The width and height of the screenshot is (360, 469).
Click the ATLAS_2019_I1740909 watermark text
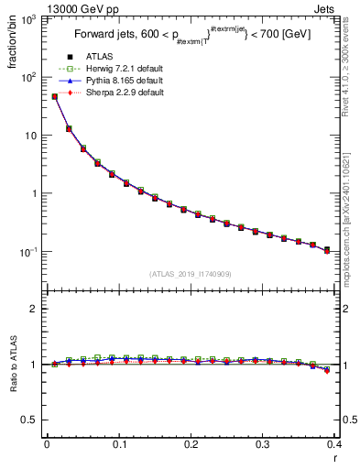click(190, 274)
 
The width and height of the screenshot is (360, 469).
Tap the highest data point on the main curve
click(54, 96)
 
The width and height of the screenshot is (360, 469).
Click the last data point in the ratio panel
click(327, 370)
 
